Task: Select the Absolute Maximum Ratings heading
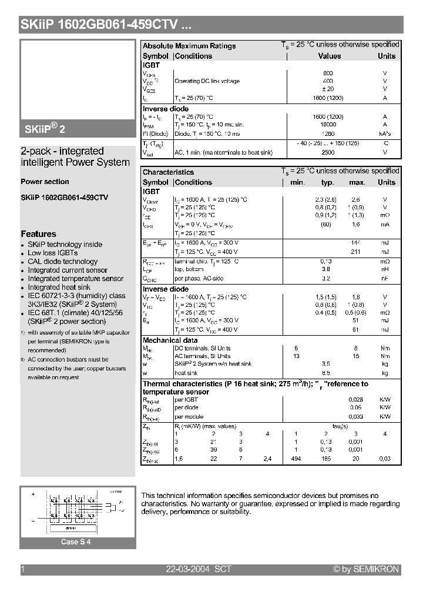pyautogui.click(x=189, y=46)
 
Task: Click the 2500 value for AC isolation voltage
pyautogui.click(x=328, y=152)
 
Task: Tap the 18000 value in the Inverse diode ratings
pyautogui.click(x=328, y=125)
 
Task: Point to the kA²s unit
pyautogui.click(x=385, y=133)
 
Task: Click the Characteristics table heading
pyautogui.click(x=168, y=172)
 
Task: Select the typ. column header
pyautogui.click(x=327, y=182)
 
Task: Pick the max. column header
pyautogui.click(x=357, y=182)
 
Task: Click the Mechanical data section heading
pyautogui.click(x=170, y=340)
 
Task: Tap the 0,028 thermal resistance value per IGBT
pyautogui.click(x=356, y=399)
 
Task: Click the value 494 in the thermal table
pyautogui.click(x=296, y=459)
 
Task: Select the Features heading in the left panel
pyautogui.click(x=39, y=234)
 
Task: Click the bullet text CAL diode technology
pyautogui.click(x=63, y=262)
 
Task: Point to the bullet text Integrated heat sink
pyautogui.click(x=59, y=288)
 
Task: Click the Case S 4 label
pyautogui.click(x=76, y=542)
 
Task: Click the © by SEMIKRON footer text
pyautogui.click(x=366, y=569)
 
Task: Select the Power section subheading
pyautogui.click(x=45, y=182)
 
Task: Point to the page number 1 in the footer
pyautogui.click(x=23, y=569)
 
